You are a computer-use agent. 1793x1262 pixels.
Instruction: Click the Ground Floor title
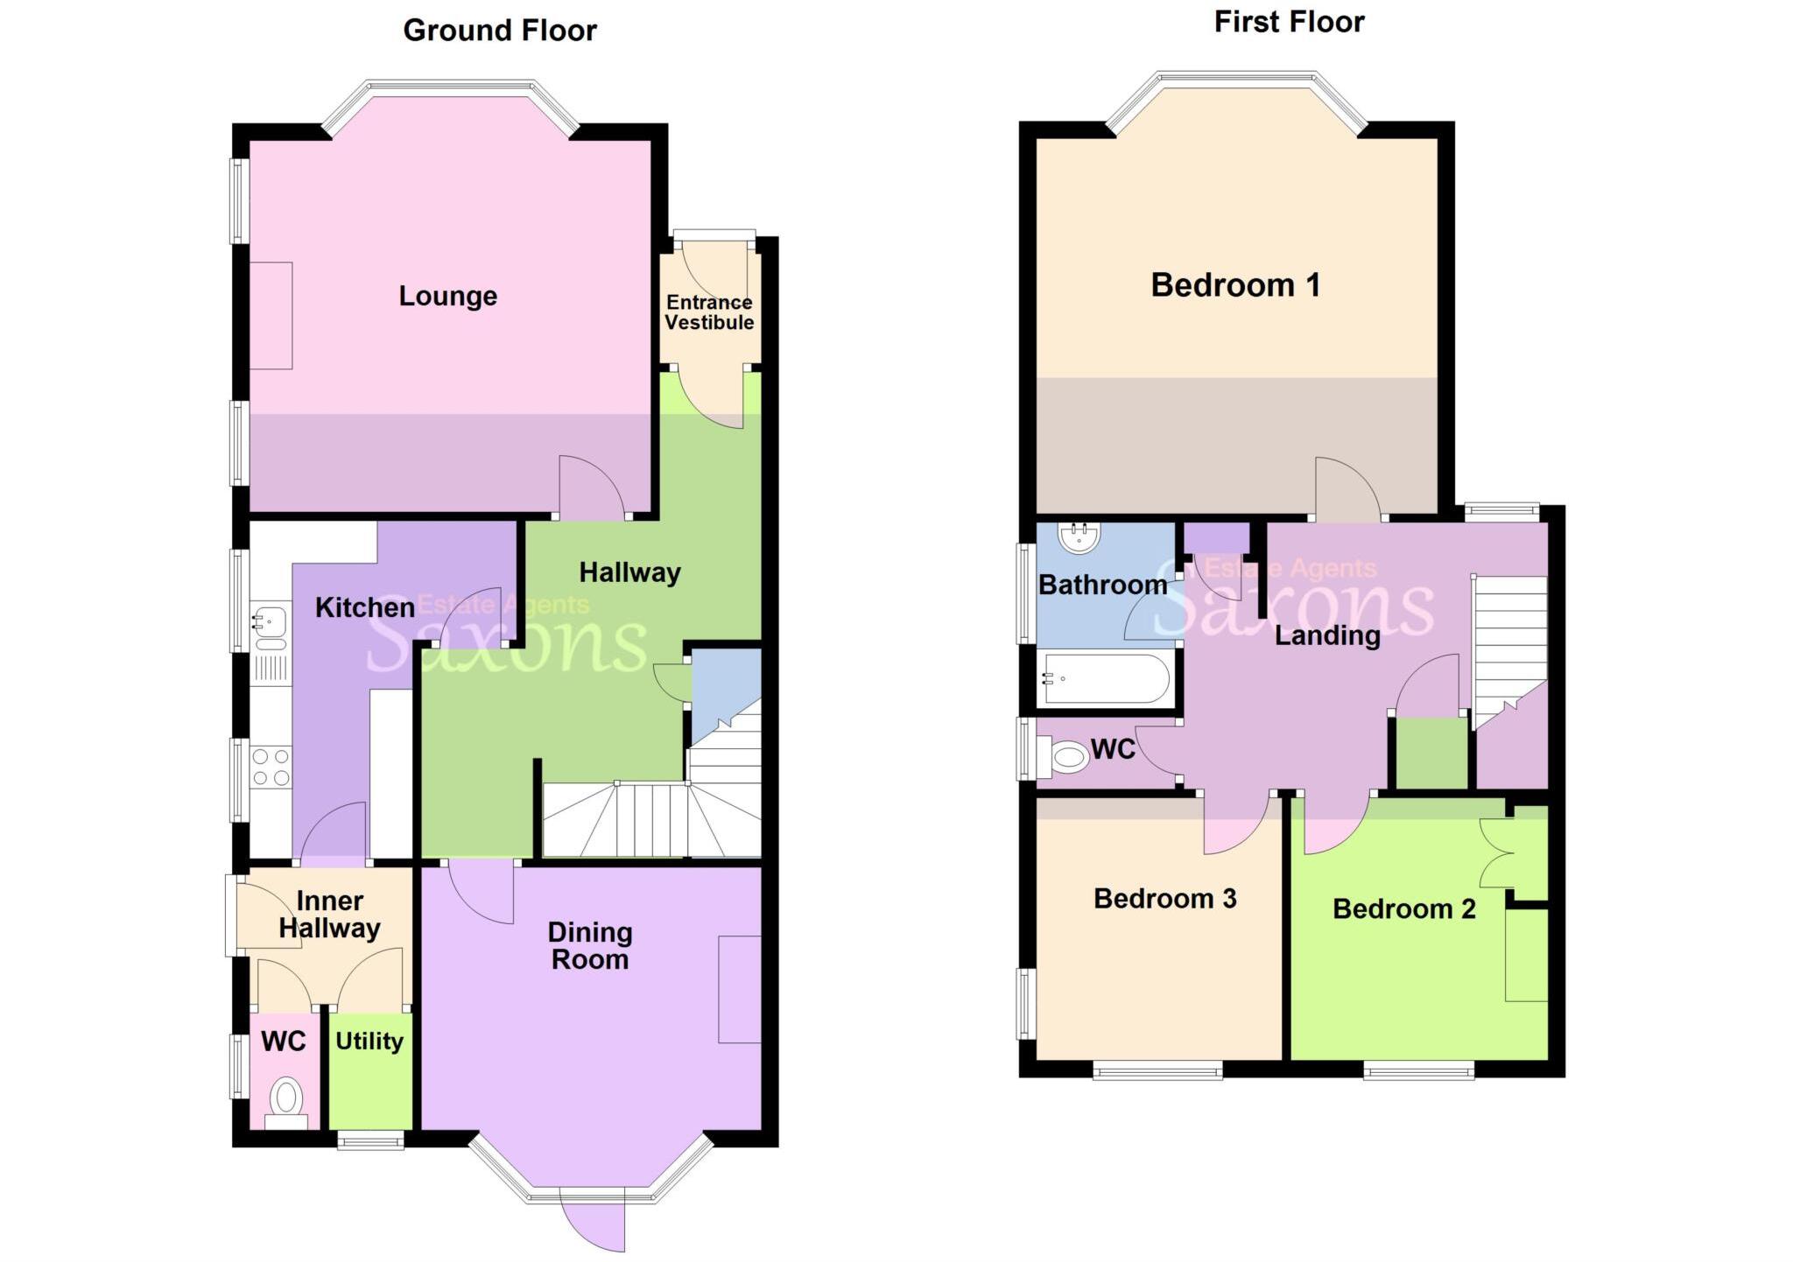499,31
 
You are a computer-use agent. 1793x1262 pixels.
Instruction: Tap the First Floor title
1289,22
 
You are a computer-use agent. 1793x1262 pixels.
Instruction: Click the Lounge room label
447,296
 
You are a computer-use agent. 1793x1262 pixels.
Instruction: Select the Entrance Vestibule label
709,312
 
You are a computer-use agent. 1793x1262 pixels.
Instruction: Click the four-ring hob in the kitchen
271,767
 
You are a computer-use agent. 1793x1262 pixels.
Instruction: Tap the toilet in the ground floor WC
286,1099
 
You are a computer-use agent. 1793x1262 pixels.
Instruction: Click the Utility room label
369,1041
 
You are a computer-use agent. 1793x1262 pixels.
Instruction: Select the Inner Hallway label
329,915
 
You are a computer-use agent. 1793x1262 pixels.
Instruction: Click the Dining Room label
589,946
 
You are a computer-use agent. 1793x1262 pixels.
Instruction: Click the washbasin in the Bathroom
1079,536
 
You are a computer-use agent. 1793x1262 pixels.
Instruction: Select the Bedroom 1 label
1234,285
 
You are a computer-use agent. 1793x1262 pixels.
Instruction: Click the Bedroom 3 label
1164,899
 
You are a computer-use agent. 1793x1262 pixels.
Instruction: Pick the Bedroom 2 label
1403,909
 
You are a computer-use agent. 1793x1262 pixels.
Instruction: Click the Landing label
1326,635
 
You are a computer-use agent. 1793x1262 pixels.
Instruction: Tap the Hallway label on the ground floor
629,572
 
